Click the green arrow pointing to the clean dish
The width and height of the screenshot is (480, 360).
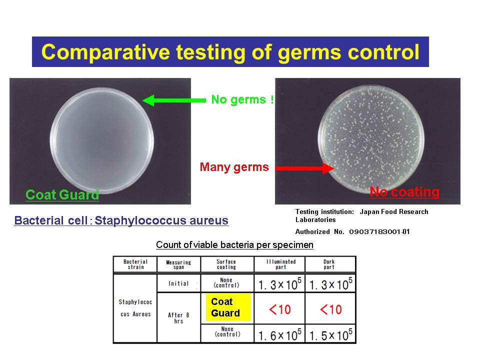click(x=174, y=100)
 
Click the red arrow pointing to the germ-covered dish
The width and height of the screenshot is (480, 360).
click(x=304, y=168)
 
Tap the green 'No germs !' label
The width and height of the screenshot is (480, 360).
click(x=242, y=100)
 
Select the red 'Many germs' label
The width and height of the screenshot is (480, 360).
click(x=234, y=167)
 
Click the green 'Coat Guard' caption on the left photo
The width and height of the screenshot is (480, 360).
click(x=62, y=194)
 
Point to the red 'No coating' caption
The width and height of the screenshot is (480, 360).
click(x=404, y=192)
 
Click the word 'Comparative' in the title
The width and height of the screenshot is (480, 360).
click(x=105, y=52)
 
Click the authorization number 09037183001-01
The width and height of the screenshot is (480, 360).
click(x=379, y=231)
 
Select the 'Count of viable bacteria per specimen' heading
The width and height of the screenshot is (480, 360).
click(x=234, y=245)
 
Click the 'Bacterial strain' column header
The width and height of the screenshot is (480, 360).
click(x=135, y=264)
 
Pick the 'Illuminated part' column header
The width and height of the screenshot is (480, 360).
click(x=280, y=264)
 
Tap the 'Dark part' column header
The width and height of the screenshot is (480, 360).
click(x=329, y=264)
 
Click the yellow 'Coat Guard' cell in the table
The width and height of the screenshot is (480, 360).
click(x=228, y=307)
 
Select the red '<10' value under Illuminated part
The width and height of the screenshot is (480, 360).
click(x=280, y=309)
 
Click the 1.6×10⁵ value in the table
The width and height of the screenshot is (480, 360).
click(x=280, y=335)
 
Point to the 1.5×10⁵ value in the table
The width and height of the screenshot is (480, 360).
click(x=331, y=335)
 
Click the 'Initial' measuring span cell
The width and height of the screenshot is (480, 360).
click(x=178, y=283)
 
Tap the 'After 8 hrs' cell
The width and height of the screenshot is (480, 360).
click(x=178, y=318)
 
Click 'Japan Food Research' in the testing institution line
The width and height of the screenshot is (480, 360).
click(x=394, y=211)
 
